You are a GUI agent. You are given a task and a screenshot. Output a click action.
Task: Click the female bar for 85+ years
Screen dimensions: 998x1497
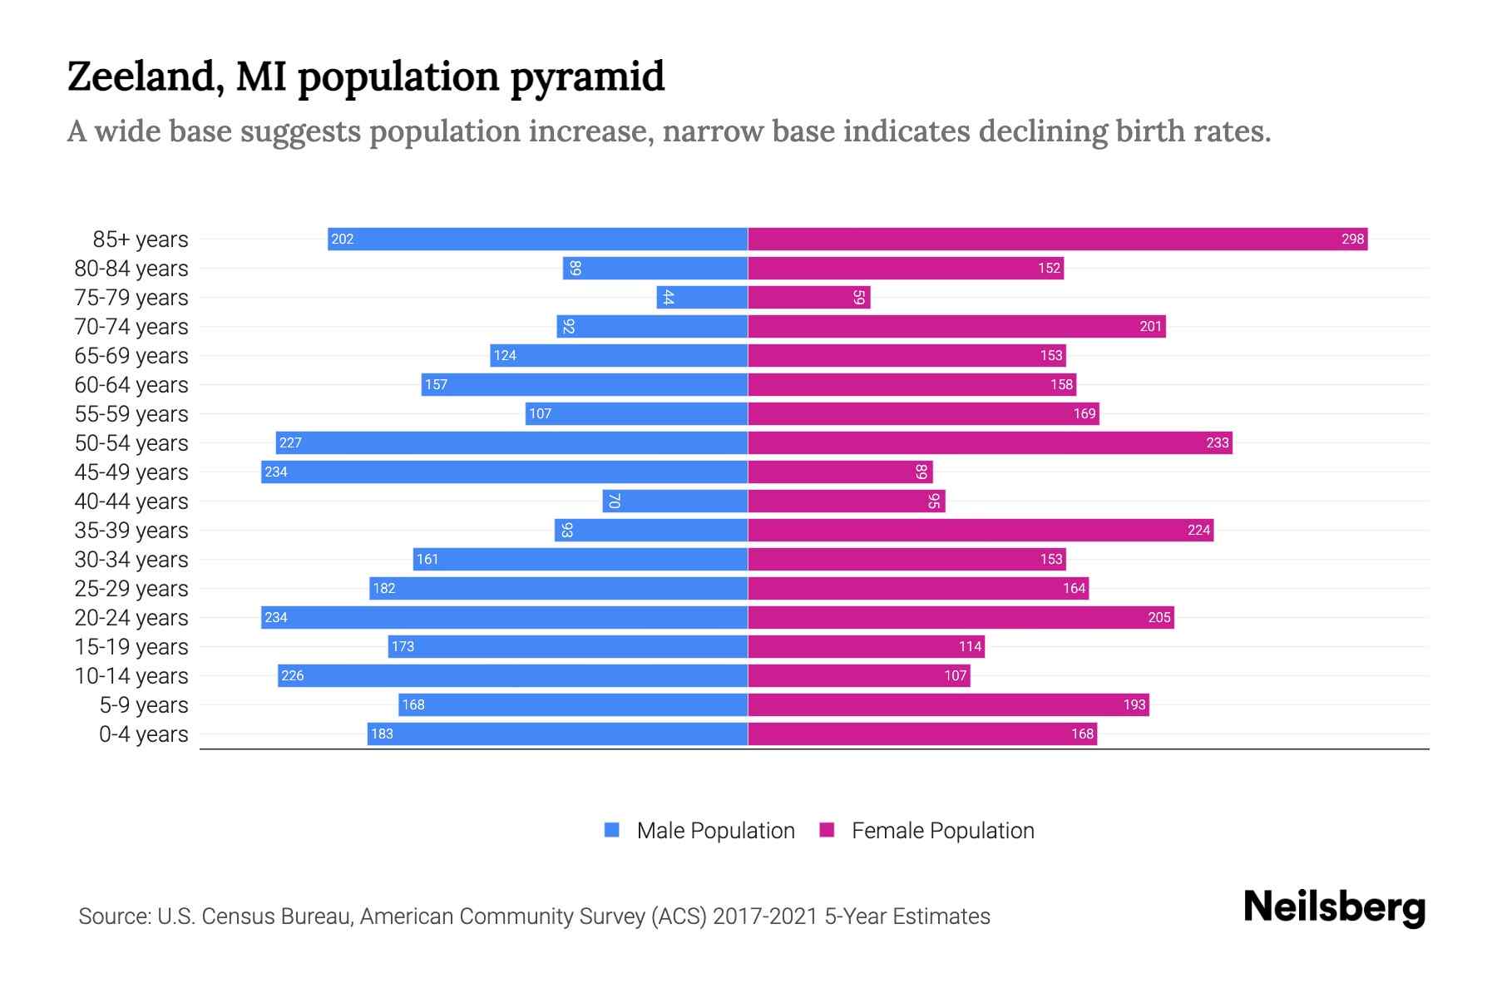coord(1056,239)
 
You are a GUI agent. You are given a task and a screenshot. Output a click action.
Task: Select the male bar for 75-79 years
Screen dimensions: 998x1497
coord(703,297)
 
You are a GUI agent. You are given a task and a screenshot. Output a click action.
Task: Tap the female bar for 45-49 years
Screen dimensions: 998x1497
coord(840,472)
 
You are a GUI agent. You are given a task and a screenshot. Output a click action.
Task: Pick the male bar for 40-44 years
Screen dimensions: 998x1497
coord(675,501)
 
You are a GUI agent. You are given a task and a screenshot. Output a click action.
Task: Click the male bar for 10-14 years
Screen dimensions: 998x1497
coord(512,675)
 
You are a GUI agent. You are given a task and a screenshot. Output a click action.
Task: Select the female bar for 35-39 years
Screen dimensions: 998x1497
coord(980,530)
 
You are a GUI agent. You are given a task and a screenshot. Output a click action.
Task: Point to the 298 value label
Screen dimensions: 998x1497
coord(1352,239)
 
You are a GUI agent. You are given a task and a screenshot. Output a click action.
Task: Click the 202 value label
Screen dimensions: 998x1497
coord(343,239)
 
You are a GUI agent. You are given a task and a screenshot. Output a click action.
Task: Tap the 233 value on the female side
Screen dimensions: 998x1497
coord(1217,442)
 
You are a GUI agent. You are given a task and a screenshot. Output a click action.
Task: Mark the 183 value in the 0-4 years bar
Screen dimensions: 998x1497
coord(382,734)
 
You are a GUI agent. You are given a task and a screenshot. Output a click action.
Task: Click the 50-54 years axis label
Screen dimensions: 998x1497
coord(131,443)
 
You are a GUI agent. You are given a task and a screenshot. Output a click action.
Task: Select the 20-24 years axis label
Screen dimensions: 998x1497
coord(131,618)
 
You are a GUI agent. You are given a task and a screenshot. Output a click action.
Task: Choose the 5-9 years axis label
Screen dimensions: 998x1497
coord(144,705)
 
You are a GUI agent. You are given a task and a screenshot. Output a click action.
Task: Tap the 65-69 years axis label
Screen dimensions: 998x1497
coord(131,356)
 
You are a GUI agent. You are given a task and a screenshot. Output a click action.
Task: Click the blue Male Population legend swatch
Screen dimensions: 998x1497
coord(612,830)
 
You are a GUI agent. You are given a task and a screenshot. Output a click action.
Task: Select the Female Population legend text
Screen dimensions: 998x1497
coord(942,830)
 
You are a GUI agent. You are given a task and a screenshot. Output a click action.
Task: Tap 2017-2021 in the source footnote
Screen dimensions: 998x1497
coord(765,916)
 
